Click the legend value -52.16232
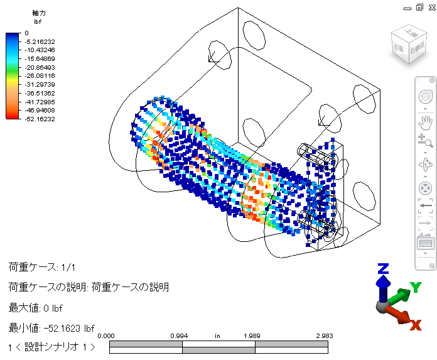[40, 119]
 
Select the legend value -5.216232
[40, 42]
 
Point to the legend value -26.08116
[40, 76]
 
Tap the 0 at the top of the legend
[26, 33]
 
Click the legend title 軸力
[39, 13]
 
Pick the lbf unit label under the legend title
[38, 22]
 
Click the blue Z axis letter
[383, 268]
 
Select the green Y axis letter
[416, 287]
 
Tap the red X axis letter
[415, 325]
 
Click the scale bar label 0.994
[179, 335]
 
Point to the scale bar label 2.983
[325, 335]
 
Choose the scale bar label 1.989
[252, 335]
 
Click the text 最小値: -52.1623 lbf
[51, 328]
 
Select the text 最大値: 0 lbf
[35, 308]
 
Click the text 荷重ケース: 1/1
[42, 267]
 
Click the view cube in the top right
[409, 44]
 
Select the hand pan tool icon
[425, 123]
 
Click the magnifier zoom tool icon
[425, 141]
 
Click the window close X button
[432, 8]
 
